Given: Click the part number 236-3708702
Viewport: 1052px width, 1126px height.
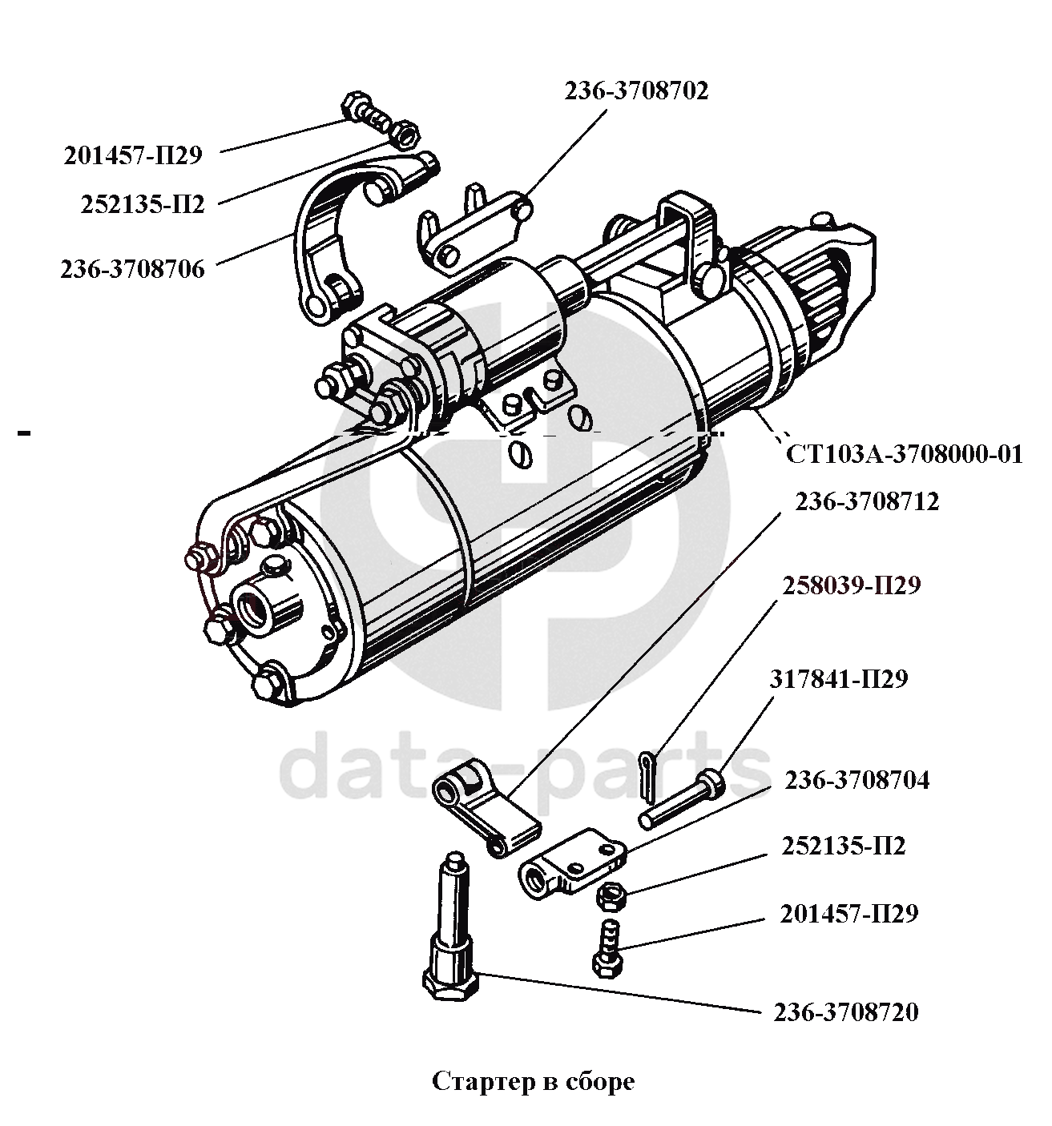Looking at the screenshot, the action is point(636,91).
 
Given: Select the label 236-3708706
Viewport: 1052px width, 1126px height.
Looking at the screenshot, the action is point(133,269).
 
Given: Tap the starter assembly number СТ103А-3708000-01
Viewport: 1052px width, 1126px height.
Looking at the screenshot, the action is point(904,454).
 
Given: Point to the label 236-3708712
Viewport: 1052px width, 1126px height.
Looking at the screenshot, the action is point(867,502).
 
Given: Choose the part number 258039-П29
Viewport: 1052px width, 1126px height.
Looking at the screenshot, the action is point(852,585).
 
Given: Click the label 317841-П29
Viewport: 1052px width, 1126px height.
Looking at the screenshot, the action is point(839,678).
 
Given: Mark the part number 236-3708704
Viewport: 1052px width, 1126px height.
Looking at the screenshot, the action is point(857,781).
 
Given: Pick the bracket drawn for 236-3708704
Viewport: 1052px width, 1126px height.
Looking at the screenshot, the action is point(573,863).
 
